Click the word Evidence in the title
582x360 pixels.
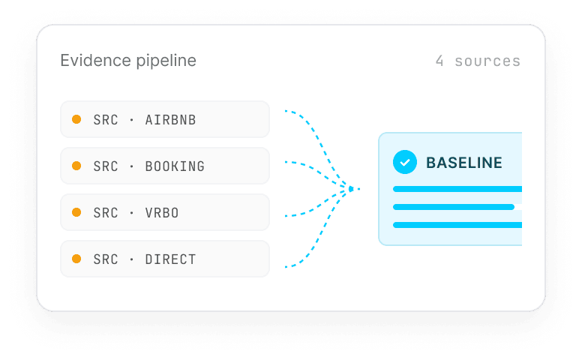[96, 60]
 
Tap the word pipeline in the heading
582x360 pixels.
[166, 61]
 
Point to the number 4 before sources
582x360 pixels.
[439, 61]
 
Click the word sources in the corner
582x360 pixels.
[487, 61]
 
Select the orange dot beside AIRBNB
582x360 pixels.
[76, 119]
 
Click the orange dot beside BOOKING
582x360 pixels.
[76, 166]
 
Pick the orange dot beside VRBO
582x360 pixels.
[76, 212]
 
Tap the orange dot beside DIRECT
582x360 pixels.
[76, 259]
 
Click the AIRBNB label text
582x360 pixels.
[170, 120]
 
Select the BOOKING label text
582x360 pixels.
[175, 166]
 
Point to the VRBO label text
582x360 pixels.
[162, 213]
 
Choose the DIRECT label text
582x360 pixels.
[170, 259]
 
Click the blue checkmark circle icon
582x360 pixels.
[405, 162]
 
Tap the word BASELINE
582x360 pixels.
[464, 163]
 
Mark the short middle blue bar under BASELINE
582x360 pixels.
[454, 207]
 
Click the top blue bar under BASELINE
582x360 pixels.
[457, 189]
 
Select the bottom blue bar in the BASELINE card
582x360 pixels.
[457, 225]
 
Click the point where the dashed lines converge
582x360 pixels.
[351, 189]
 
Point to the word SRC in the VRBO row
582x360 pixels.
[106, 213]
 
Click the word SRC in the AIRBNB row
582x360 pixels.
[106, 120]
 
